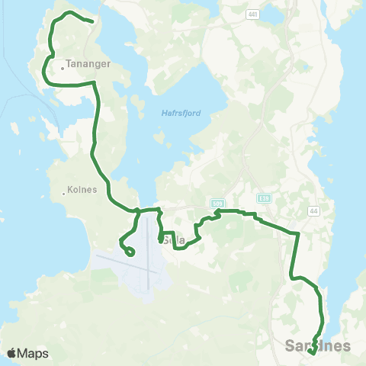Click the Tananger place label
pyautogui.click(x=89, y=65)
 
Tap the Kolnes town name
pyautogui.click(x=82, y=191)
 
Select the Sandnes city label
pyautogui.click(x=318, y=345)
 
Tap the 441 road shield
pyautogui.click(x=252, y=14)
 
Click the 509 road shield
pyautogui.click(x=217, y=204)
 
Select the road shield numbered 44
pyautogui.click(x=313, y=210)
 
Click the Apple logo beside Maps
pyautogui.click(x=11, y=353)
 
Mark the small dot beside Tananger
pyautogui.click(x=63, y=68)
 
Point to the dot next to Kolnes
pyautogui.click(x=63, y=194)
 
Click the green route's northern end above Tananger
pyautogui.click(x=92, y=21)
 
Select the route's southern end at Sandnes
pyautogui.click(x=313, y=353)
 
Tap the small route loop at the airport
pyautogui.click(x=130, y=251)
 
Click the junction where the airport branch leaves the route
pyautogui.click(x=138, y=210)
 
